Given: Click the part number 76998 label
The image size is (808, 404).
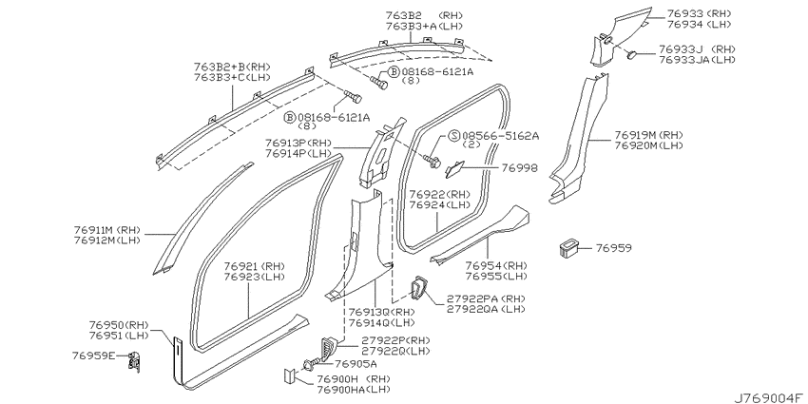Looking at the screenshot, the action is coord(519,168).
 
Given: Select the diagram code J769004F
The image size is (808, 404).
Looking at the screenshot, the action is coord(770,397).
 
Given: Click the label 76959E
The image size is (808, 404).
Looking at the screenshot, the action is coord(94,356).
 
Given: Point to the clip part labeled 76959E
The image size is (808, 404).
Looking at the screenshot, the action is coord(134,360).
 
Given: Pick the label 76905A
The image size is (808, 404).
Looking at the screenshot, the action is coord(356,364).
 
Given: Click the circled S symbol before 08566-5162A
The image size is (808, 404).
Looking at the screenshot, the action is coord(453,136).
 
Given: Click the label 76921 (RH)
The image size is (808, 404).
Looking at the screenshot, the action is coord(254,266).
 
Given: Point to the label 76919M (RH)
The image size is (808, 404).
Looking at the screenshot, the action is coord(648,135).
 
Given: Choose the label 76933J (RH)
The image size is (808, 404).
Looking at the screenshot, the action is coord(697,49).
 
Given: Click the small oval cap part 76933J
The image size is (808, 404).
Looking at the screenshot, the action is coord(632,54).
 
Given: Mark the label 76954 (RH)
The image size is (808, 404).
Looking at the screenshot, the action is coord(496,266).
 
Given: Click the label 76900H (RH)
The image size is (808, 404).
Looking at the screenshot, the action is coord(354,379).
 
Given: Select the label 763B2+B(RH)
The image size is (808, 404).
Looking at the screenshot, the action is coord(232,67).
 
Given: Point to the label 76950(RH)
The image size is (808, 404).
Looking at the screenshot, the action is coord(119,325).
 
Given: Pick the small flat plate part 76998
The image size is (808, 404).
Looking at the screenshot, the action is coord(455,168).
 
